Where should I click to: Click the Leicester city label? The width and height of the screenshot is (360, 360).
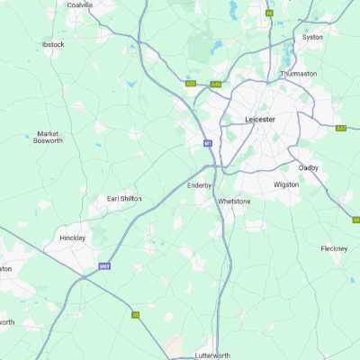261,119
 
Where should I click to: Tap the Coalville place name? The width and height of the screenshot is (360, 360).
80,4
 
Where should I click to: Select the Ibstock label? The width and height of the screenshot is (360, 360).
53,43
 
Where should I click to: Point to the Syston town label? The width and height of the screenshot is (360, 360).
312,37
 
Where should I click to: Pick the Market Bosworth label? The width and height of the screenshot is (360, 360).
48,137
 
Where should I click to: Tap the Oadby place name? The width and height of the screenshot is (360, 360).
309,166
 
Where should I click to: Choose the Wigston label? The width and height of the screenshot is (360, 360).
285,184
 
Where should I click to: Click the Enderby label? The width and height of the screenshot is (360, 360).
199,185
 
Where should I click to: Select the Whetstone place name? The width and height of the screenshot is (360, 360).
234,202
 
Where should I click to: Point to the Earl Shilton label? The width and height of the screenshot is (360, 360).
124,198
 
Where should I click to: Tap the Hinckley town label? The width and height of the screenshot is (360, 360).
71,238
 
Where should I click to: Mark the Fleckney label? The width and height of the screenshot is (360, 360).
334,248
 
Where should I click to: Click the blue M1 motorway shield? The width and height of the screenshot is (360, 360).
206,142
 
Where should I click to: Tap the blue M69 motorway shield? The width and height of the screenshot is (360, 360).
104,266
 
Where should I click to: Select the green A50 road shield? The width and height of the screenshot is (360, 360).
191,84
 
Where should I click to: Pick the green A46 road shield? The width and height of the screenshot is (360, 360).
215,85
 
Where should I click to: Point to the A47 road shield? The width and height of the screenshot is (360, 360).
341,128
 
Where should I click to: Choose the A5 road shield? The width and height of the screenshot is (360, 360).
135,315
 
